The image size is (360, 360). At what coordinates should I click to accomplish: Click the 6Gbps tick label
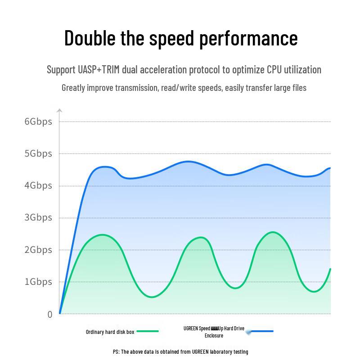click(38, 121)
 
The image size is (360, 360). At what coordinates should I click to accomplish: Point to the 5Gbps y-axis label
click(38, 153)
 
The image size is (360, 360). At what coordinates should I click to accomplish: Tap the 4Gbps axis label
click(38, 185)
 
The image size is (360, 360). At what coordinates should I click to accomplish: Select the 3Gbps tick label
click(38, 218)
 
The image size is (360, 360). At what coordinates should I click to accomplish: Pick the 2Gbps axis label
click(38, 250)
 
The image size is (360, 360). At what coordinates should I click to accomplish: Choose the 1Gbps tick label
click(38, 282)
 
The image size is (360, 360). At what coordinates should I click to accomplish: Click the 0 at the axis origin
click(50, 314)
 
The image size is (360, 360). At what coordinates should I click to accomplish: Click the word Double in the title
click(90, 38)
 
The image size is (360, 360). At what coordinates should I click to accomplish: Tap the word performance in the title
click(248, 39)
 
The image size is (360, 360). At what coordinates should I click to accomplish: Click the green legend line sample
click(148, 331)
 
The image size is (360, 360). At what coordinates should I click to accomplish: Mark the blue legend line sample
click(262, 331)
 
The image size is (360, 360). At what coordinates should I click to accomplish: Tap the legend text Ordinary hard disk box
click(110, 332)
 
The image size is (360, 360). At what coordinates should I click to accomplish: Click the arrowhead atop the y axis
click(59, 110)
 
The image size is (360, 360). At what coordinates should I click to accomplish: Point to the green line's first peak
click(103, 234)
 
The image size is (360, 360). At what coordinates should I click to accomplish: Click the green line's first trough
click(151, 297)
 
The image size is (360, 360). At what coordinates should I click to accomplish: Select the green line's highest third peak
click(273, 232)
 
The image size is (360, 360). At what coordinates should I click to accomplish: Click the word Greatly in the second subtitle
click(75, 88)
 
